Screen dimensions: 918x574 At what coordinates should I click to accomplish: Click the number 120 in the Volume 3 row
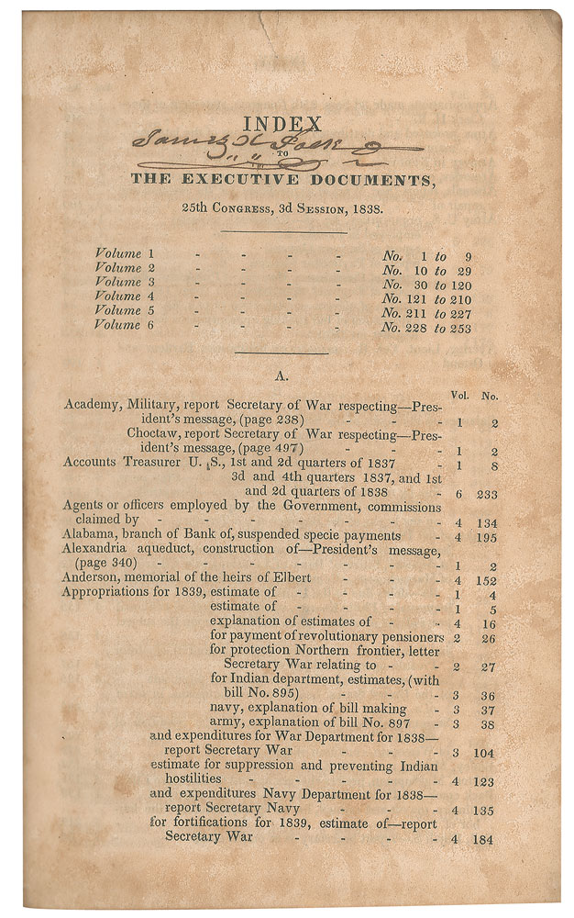(458, 283)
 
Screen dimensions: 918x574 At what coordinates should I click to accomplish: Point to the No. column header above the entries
(490, 397)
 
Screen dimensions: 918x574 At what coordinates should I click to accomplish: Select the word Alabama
(90, 534)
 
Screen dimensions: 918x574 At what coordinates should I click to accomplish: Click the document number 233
(487, 494)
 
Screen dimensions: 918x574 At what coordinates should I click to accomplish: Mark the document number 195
(487, 535)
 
